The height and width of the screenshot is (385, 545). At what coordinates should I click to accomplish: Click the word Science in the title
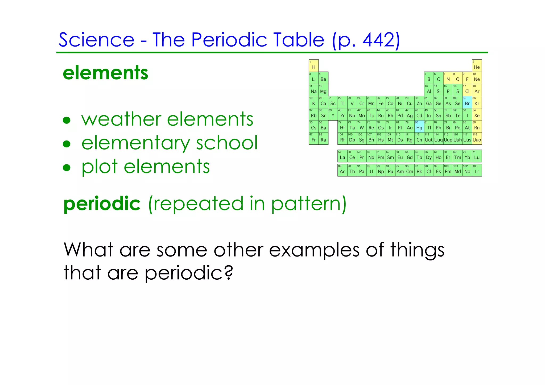pos(96,40)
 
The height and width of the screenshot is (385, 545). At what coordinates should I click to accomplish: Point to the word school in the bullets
pos(227,143)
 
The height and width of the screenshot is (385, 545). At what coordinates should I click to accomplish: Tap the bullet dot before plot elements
pos(67,168)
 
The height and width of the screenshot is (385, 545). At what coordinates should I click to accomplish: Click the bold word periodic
pos(102,204)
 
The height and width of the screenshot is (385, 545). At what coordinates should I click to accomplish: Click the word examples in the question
pos(314,250)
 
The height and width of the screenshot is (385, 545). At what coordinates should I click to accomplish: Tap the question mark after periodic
pos(228,273)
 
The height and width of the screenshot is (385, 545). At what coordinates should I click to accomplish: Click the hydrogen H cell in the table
pos(313,66)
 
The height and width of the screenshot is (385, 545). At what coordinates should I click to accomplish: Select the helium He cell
pos(477,66)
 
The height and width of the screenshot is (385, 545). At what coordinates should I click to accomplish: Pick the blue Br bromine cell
pos(467,102)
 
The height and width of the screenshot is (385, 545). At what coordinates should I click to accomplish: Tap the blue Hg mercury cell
pos(419,126)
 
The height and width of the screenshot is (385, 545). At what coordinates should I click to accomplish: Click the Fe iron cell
pos(381,102)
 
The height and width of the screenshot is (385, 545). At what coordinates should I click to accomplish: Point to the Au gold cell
pos(410,126)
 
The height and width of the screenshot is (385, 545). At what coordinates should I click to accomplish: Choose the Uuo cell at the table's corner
pos(477,139)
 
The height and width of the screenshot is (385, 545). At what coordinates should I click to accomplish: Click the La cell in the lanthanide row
pos(342,156)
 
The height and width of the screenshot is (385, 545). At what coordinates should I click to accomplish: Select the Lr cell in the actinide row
pos(477,170)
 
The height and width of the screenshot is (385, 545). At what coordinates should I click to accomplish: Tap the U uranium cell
pos(371,170)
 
